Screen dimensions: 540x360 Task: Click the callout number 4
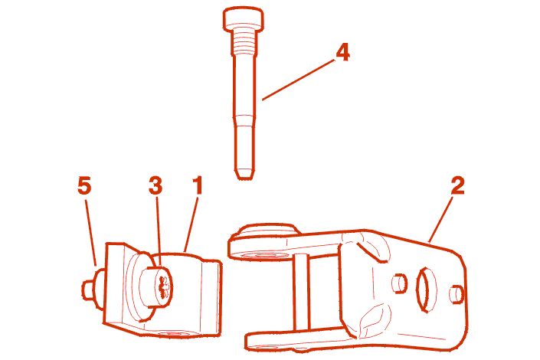tap(342, 53)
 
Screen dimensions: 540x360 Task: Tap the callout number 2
tap(457, 185)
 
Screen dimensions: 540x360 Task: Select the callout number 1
tap(198, 185)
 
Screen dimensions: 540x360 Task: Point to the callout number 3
tap(155, 185)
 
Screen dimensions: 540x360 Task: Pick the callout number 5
tap(84, 185)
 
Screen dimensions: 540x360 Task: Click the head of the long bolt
tap(244, 20)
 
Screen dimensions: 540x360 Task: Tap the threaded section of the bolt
tap(244, 41)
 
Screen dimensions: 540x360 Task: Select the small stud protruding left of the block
tap(90, 289)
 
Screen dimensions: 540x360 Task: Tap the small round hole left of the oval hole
tap(400, 283)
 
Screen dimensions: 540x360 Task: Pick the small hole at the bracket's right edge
tap(457, 294)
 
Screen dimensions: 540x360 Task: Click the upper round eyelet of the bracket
tap(263, 241)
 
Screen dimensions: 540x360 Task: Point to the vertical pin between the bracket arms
tap(302, 291)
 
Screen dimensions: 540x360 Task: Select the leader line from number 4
tap(298, 80)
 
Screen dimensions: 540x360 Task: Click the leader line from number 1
tap(191, 224)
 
